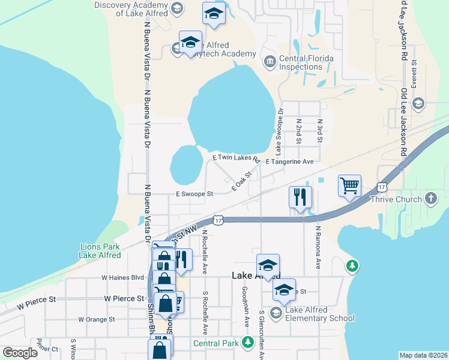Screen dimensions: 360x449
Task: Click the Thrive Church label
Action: [x=396, y=199]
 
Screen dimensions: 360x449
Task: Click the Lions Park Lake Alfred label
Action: [x=100, y=251]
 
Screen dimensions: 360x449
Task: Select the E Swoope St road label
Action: [x=194, y=194]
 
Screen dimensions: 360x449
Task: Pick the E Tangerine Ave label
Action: [x=290, y=162]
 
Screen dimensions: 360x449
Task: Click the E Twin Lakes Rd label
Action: [x=237, y=158]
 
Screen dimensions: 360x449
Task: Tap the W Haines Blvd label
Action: [x=123, y=278]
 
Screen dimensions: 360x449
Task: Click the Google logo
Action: [x=20, y=352]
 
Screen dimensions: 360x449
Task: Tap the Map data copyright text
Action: [x=423, y=355]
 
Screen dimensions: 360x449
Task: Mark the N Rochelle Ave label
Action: [x=205, y=249]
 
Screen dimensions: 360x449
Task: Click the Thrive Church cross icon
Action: [x=430, y=199]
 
